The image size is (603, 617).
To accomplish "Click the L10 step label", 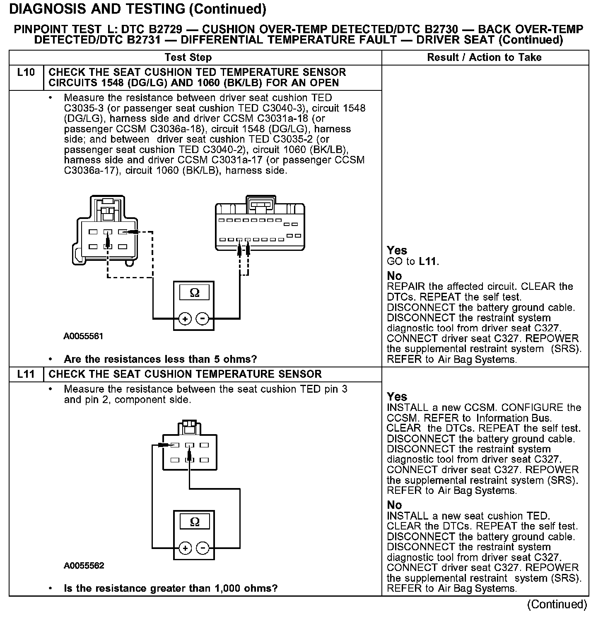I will click(x=26, y=73).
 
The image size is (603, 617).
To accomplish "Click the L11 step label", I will click(x=26, y=374).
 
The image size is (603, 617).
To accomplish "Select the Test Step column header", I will click(x=188, y=58).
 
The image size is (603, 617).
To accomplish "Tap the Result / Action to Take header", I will click(x=484, y=58).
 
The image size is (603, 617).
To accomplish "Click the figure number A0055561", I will click(x=83, y=336).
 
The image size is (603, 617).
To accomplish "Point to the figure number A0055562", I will click(x=84, y=566).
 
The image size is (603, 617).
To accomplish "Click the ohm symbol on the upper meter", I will click(x=194, y=293).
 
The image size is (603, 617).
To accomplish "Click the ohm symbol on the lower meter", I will click(x=194, y=522).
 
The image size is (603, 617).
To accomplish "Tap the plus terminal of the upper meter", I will click(x=185, y=319).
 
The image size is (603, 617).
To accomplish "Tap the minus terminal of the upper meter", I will click(x=202, y=319).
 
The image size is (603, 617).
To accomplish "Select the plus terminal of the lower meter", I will click(x=185, y=548).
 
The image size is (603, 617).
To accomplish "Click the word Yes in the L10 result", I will click(x=397, y=250).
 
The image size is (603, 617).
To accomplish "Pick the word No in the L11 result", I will click(x=394, y=505).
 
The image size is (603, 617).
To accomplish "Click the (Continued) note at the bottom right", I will click(x=557, y=605).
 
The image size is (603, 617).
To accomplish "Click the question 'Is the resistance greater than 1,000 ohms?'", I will click(x=170, y=588).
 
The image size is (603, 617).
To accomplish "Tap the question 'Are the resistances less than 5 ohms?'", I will click(x=160, y=359).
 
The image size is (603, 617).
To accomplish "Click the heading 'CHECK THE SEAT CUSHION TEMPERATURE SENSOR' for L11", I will click(x=185, y=374).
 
